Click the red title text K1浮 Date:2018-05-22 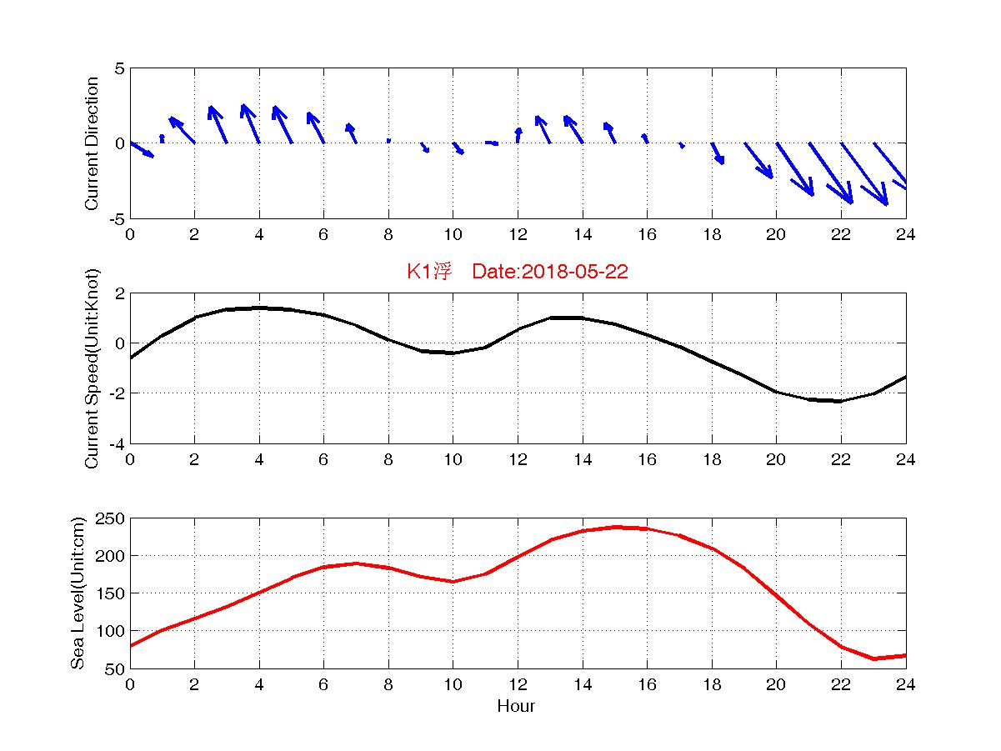[517, 273]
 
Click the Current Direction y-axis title [92, 143]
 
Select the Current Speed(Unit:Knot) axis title [92, 368]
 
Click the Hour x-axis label [516, 707]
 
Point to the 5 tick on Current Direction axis [119, 68]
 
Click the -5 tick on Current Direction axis [116, 218]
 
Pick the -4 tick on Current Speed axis [116, 443]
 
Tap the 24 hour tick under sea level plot [905, 685]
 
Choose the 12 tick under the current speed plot [518, 460]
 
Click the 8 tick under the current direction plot [388, 235]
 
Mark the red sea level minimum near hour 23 [874, 658]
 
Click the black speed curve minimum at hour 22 [841, 401]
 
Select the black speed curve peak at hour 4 [260, 308]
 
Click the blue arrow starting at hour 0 [142, 149]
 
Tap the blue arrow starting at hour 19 [758, 160]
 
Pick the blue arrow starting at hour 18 [718, 153]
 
